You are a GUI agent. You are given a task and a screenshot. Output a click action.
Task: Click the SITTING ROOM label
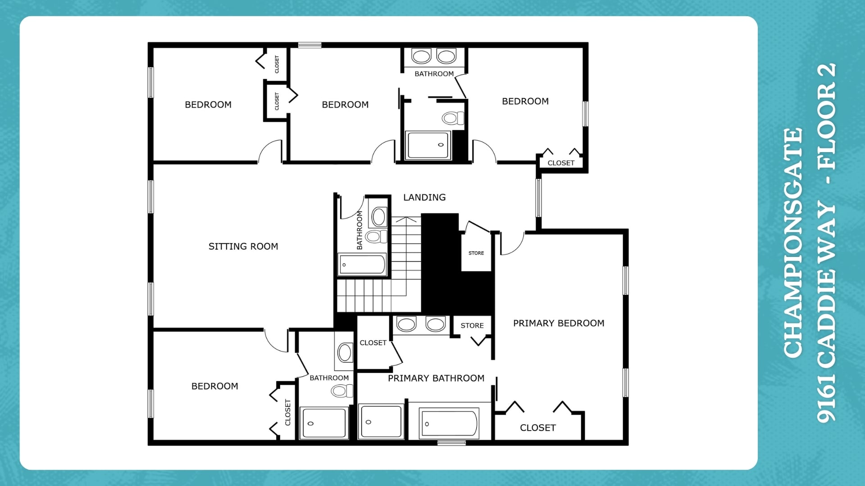(243, 246)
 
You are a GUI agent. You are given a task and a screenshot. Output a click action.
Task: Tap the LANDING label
(424, 197)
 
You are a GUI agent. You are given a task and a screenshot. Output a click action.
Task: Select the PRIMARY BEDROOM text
(559, 323)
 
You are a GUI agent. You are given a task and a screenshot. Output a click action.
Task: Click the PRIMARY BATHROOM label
(436, 378)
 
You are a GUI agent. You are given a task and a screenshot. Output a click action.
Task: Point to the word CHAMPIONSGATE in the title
(793, 243)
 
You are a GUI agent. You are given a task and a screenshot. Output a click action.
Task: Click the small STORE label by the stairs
(476, 253)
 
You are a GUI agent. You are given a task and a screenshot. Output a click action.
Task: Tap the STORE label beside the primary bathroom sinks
(472, 325)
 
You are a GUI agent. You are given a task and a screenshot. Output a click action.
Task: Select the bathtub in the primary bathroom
(448, 423)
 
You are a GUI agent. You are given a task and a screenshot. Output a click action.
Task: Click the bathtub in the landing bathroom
(362, 265)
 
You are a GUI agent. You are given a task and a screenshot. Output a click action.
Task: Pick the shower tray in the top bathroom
(428, 145)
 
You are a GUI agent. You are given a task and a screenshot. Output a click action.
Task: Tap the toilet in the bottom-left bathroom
(342, 391)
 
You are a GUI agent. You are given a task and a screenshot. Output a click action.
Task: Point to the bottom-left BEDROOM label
(215, 386)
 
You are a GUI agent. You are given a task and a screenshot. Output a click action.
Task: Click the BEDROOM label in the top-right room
(525, 101)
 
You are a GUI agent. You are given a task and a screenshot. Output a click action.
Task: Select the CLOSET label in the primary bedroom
(538, 427)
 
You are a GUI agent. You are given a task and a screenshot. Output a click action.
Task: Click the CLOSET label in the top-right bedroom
(561, 163)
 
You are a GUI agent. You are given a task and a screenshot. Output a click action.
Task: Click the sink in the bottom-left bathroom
(345, 353)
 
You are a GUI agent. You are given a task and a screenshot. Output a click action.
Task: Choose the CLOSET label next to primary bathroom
(373, 342)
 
